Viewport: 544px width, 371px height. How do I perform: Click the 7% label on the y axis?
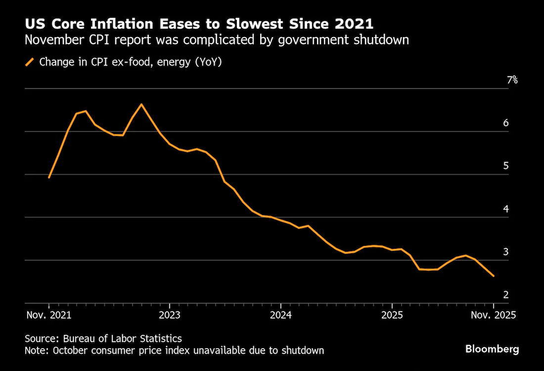[512, 80]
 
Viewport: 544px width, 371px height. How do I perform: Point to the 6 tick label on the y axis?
[506, 123]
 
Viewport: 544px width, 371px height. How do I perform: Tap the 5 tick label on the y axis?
[506, 166]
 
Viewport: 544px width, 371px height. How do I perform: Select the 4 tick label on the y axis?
[506, 209]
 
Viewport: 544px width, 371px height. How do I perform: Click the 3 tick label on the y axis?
[506, 252]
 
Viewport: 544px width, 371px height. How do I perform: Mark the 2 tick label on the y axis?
[506, 295]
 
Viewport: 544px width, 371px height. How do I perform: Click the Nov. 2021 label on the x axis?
[49, 315]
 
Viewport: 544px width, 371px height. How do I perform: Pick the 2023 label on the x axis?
[170, 315]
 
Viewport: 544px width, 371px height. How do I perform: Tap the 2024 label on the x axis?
[281, 315]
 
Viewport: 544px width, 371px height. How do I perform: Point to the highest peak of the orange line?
[141, 104]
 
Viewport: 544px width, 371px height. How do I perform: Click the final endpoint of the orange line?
[493, 276]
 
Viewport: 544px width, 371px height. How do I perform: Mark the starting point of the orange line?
[49, 177]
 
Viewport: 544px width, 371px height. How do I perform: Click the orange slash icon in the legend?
[30, 62]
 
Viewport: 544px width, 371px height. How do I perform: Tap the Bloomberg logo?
[492, 349]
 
